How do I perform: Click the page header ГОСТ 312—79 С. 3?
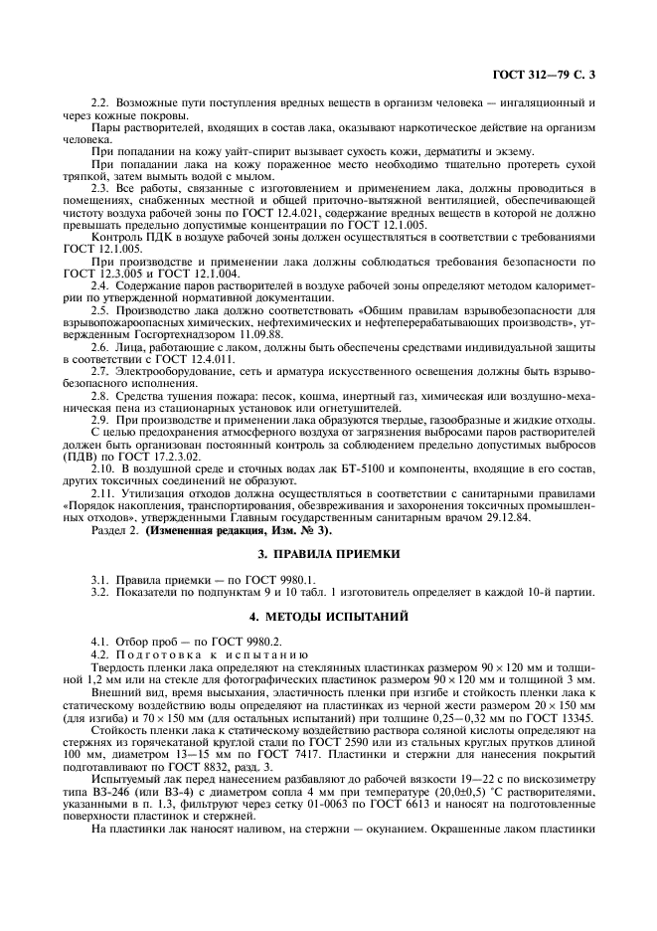564,75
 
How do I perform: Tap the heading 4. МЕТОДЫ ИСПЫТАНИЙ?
328,617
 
